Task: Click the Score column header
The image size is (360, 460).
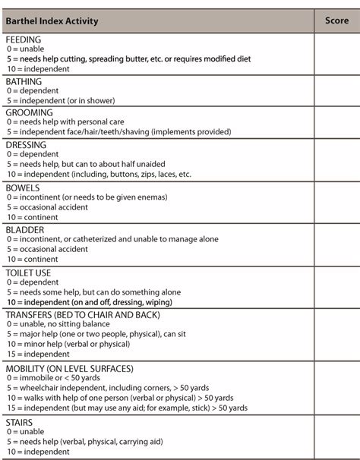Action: pos(336,20)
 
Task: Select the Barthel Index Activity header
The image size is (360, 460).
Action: pos(52,20)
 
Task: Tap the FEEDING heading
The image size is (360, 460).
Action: pos(24,39)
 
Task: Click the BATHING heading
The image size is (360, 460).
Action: pos(24,80)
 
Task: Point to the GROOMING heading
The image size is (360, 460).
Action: pos(30,112)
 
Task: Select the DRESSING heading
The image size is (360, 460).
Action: pos(27,144)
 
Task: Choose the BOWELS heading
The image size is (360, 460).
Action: pos(23,187)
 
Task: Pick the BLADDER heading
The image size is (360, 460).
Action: pos(25,229)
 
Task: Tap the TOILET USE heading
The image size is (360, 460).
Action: pos(30,272)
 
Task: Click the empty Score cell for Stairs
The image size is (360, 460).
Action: pos(336,436)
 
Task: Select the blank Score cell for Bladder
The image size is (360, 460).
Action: pos(336,244)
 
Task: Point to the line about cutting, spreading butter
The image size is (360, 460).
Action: pos(128,58)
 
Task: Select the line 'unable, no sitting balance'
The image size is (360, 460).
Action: pos(68,324)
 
